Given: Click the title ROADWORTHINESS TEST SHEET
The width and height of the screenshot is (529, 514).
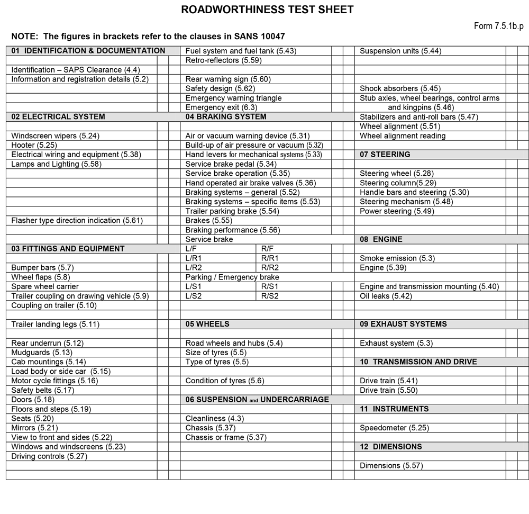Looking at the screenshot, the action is point(267,10).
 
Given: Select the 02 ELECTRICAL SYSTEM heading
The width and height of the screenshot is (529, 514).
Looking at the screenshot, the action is point(58,117).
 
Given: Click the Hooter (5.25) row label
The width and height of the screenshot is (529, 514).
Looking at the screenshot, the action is point(34,145).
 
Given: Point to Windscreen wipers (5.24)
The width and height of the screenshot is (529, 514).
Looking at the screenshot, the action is point(56,136).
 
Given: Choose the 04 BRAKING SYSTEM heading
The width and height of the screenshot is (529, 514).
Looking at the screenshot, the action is point(226,117).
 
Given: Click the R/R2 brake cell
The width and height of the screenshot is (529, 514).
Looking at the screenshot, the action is point(270,268).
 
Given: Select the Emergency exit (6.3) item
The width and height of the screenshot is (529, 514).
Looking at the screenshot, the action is point(221,107).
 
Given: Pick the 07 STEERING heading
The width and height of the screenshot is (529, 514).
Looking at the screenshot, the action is point(385,155).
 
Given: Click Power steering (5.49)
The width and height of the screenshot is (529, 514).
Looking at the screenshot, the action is point(397,211).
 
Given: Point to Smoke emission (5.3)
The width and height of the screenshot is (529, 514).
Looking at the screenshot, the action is point(397,258).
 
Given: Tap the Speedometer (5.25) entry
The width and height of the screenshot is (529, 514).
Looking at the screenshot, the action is point(395,428).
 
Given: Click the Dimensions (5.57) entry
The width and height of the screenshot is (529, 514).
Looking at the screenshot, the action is point(391,466).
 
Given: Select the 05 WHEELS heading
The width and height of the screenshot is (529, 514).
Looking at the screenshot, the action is point(207,324).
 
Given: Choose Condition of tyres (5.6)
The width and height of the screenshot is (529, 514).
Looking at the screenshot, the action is point(225,381).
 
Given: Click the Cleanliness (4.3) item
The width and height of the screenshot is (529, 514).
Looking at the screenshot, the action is point(215,419).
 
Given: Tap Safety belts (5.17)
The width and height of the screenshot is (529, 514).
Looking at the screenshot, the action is point(42,390).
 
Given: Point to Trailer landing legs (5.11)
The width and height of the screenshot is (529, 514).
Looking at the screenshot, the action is point(56,324).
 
